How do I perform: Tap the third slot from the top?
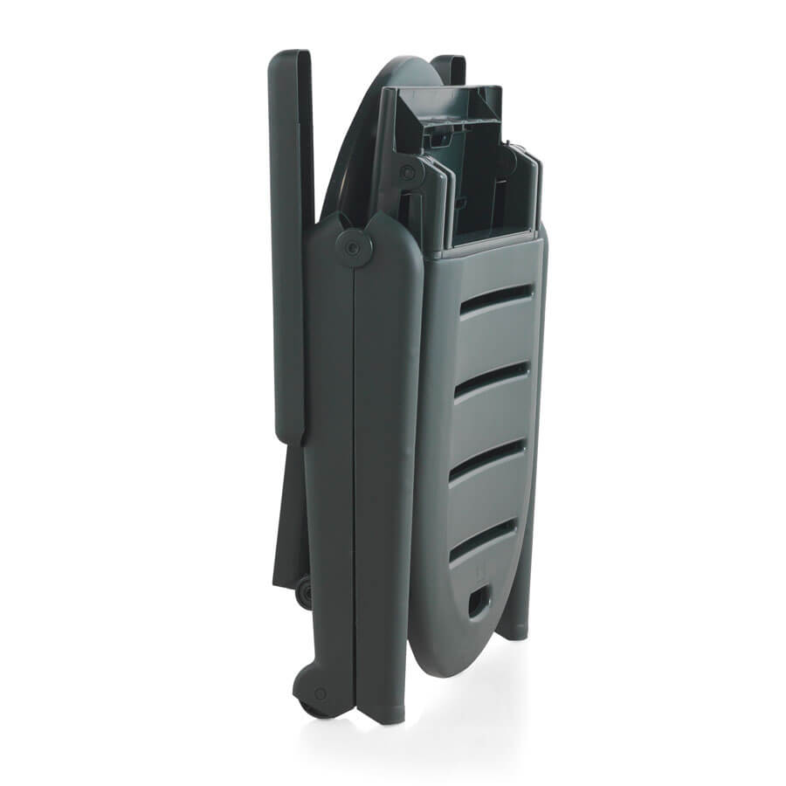(487, 459)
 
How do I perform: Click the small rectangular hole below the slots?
(479, 602)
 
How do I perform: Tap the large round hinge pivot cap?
(354, 248)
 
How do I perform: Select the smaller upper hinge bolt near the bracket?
(406, 172)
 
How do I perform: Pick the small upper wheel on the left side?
(304, 593)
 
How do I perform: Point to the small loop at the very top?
(449, 66)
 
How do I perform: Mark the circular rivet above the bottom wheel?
(320, 693)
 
